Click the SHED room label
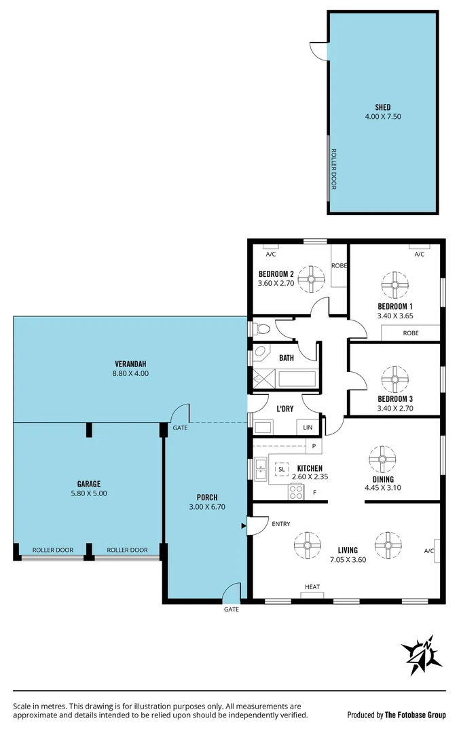(x=382, y=107)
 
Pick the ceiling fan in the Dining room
(x=382, y=459)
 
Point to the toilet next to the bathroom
(x=263, y=329)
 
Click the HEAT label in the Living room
(x=312, y=587)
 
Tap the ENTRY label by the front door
(x=280, y=524)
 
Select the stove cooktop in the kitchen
(x=296, y=492)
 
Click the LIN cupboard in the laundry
(x=308, y=428)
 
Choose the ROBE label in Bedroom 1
(x=410, y=333)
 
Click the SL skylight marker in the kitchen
(x=281, y=469)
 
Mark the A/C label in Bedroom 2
(x=270, y=255)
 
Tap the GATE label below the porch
(x=232, y=609)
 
